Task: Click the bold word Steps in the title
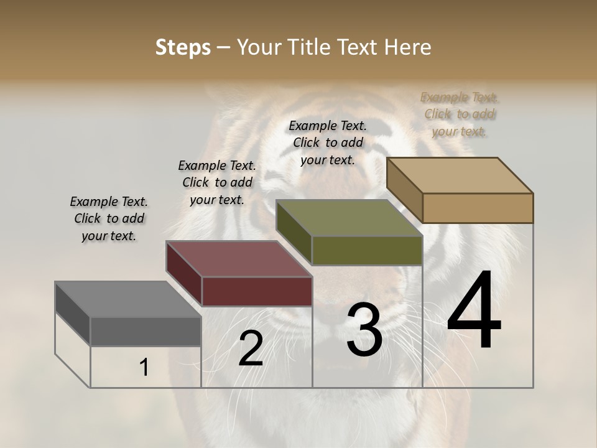(183, 47)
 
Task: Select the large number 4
(474, 311)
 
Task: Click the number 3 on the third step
(364, 330)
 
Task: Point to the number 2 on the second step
(251, 348)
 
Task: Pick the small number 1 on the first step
(144, 368)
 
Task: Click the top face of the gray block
(127, 299)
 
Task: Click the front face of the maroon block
(257, 291)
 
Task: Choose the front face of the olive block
(367, 250)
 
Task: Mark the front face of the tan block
(478, 208)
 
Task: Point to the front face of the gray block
(146, 331)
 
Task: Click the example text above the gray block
(109, 219)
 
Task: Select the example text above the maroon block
(217, 182)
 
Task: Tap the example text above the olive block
(328, 142)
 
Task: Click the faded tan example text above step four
(460, 114)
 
